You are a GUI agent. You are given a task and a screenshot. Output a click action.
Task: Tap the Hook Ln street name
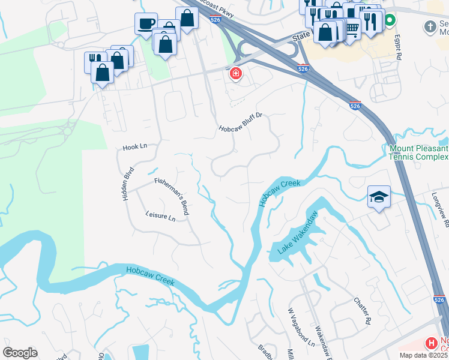click(x=134, y=146)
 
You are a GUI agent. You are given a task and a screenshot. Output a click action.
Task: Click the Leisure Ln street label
click(x=160, y=215)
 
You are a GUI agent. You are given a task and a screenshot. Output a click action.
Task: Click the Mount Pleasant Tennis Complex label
click(x=418, y=152)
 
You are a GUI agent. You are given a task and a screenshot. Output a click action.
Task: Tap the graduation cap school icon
click(x=379, y=197)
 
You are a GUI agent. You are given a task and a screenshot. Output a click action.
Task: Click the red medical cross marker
click(x=236, y=74)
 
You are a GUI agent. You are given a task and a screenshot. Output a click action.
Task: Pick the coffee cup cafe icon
click(x=146, y=23)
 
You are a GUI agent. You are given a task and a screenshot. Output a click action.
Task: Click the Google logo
click(x=20, y=352)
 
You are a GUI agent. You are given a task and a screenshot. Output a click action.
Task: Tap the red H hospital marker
click(x=430, y=344)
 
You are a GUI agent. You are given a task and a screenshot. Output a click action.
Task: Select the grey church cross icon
click(x=430, y=26)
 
